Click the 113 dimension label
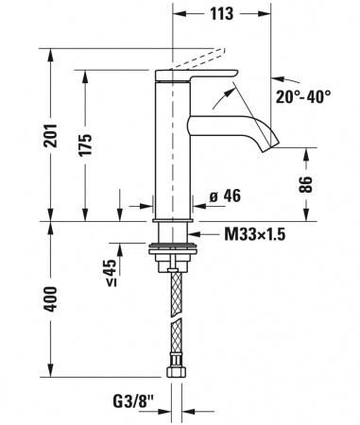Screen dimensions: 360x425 (222, 13)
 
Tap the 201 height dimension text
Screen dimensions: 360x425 (50, 136)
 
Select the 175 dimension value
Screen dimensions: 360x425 (85, 144)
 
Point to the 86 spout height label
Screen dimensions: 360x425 (305, 184)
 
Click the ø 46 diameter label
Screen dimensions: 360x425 (225, 195)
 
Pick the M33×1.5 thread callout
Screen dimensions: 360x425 (255, 234)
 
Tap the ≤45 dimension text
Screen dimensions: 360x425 (111, 272)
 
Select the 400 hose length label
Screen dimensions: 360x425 (50, 299)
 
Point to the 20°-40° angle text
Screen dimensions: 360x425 (303, 96)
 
